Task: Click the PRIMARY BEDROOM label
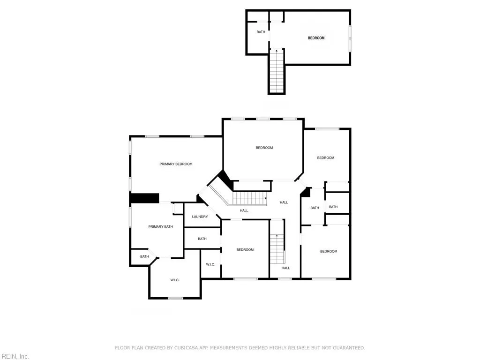pyautogui.click(x=176, y=164)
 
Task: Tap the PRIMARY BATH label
pyautogui.click(x=161, y=227)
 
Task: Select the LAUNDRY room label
pyautogui.click(x=200, y=217)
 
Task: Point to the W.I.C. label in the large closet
pyautogui.click(x=175, y=280)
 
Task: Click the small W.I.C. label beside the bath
pyautogui.click(x=210, y=265)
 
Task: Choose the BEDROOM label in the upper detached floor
pyautogui.click(x=316, y=38)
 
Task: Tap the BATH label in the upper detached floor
pyautogui.click(x=261, y=32)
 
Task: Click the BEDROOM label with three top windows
pyautogui.click(x=264, y=148)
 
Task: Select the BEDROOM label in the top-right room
pyautogui.click(x=326, y=158)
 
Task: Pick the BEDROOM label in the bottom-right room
pyautogui.click(x=329, y=252)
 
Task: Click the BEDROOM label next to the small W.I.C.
pyautogui.click(x=245, y=250)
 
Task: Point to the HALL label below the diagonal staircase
pyautogui.click(x=244, y=211)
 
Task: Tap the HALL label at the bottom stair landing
pyautogui.click(x=285, y=268)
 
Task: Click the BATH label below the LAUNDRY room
pyautogui.click(x=202, y=239)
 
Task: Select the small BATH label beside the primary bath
pyautogui.click(x=144, y=256)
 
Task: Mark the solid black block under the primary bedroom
pyautogui.click(x=145, y=198)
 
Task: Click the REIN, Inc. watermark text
pyautogui.click(x=15, y=357)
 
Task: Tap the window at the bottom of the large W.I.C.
pyautogui.click(x=175, y=298)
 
